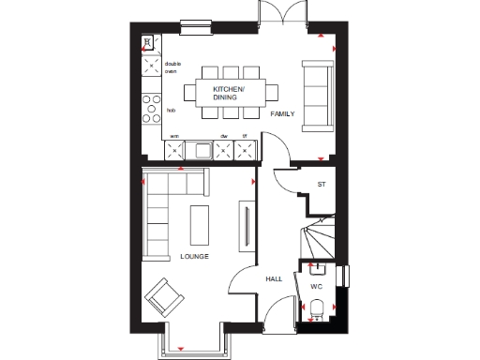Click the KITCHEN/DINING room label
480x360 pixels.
[230, 92]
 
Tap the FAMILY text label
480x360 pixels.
[282, 113]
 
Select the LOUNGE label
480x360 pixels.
[194, 256]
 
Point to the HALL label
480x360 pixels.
[274, 278]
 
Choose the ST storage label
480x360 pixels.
[321, 185]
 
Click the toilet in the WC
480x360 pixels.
[318, 307]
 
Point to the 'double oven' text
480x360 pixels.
[172, 67]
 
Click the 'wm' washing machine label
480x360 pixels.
[173, 137]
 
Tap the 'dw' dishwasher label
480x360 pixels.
[224, 137]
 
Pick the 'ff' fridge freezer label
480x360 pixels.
[245, 137]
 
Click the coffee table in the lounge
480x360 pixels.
[200, 224]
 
